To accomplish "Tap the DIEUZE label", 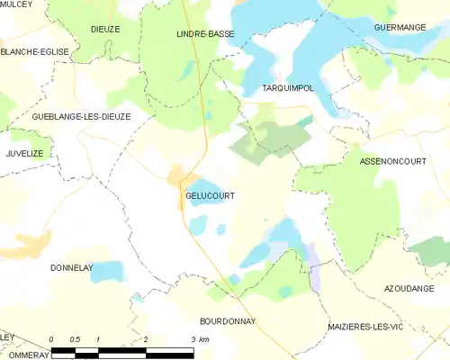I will tap(105, 30).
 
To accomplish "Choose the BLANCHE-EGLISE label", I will tap(34, 52).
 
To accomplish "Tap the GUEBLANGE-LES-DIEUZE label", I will tap(69, 117).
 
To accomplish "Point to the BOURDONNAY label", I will tap(228, 321).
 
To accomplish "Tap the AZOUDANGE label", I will tap(416, 288).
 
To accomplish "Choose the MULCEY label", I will tap(17, 4).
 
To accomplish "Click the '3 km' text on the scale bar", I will tap(200, 339).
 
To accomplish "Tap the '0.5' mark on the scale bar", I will tap(75, 339).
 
